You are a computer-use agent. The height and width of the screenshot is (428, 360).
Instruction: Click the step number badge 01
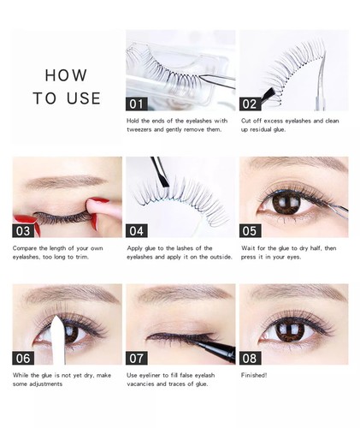pyautogui.click(x=137, y=104)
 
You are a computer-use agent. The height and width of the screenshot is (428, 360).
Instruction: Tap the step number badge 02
pyautogui.click(x=251, y=104)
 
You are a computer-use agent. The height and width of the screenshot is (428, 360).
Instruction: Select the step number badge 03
pyautogui.click(x=24, y=229)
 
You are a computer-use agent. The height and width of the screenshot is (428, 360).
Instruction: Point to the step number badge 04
pyautogui.click(x=137, y=229)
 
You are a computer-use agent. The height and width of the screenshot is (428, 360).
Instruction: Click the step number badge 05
pyautogui.click(x=251, y=229)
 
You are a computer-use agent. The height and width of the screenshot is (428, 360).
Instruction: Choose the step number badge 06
pyautogui.click(x=24, y=357)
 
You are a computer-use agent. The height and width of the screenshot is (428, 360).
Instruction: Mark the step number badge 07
pyautogui.click(x=137, y=357)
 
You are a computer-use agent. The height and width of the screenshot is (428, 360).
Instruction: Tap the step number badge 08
pyautogui.click(x=251, y=357)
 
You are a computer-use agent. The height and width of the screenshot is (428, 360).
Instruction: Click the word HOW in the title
pyautogui.click(x=66, y=75)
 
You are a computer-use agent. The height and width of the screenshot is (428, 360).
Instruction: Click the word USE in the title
pyautogui.click(x=83, y=98)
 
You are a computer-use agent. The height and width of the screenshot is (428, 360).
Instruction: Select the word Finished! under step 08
pyautogui.click(x=255, y=375)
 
